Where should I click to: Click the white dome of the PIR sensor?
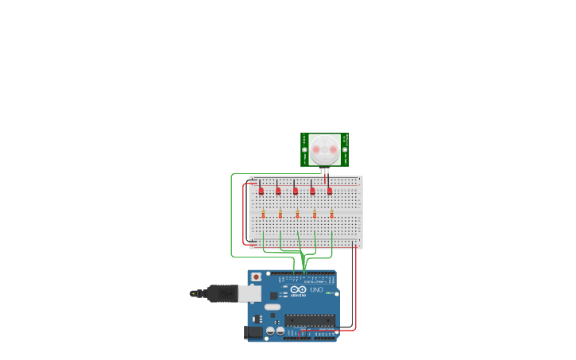(324, 149)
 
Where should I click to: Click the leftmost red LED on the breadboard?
(261, 191)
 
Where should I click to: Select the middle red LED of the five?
(296, 191)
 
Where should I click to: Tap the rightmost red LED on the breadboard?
(330, 191)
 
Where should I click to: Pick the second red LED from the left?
(278, 191)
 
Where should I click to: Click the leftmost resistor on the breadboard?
(263, 213)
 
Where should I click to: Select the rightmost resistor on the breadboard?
(331, 213)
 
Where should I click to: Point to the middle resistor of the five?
(297, 213)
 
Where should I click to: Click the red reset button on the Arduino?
(256, 277)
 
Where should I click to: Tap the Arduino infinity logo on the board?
(298, 290)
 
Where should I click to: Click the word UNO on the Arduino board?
(315, 289)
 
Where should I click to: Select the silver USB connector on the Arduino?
(249, 293)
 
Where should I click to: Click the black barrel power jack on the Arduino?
(254, 332)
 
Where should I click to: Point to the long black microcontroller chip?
(310, 319)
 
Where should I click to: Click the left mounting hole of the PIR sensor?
(304, 149)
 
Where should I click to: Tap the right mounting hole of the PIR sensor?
(344, 149)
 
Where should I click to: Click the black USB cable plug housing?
(222, 293)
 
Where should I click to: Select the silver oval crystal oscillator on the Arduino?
(273, 307)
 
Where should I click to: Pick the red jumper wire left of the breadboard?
(243, 215)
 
